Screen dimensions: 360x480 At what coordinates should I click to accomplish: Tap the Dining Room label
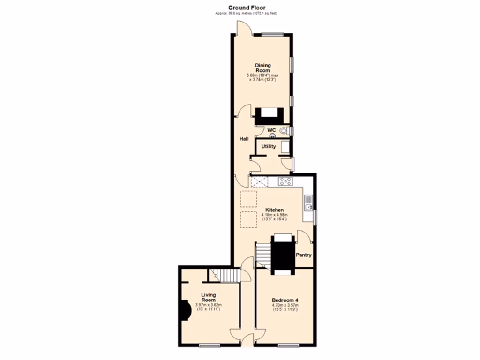pyautogui.click(x=262, y=68)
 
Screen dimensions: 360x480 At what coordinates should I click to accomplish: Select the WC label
pyautogui.click(x=271, y=130)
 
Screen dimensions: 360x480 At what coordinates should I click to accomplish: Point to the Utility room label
pyautogui.click(x=269, y=147)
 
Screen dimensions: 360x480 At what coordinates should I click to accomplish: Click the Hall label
pyautogui.click(x=244, y=139)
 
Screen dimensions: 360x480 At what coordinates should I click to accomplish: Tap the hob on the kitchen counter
pyautogui.click(x=285, y=181)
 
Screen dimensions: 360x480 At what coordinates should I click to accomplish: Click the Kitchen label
pyautogui.click(x=274, y=210)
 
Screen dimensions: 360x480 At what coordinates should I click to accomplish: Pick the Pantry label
pyautogui.click(x=304, y=255)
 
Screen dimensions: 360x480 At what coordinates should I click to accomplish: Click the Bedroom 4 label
pyautogui.click(x=285, y=300)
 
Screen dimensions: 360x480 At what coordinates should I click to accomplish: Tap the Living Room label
pyautogui.click(x=209, y=297)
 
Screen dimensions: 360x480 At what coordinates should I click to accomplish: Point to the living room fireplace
pyautogui.click(x=181, y=311)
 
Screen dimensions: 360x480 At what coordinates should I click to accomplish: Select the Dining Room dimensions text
pyautogui.click(x=262, y=78)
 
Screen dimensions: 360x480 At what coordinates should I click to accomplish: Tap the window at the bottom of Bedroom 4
pyautogui.click(x=288, y=346)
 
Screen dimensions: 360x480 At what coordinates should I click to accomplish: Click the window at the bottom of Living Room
pyautogui.click(x=210, y=346)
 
